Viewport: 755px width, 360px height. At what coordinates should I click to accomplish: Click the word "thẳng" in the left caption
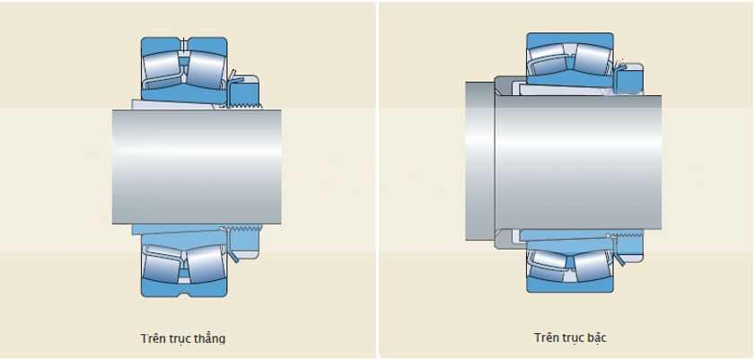[208, 338]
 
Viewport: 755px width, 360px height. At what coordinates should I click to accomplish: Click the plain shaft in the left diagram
[197, 166]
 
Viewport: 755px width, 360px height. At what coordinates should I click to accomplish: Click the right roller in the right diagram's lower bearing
[591, 267]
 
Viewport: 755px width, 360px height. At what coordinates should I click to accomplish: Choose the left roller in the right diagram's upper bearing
[549, 61]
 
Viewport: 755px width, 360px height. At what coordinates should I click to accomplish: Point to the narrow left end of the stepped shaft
[479, 162]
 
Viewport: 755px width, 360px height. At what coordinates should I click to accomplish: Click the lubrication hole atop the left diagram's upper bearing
[184, 44]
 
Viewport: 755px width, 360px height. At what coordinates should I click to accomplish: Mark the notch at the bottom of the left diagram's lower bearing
[184, 293]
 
